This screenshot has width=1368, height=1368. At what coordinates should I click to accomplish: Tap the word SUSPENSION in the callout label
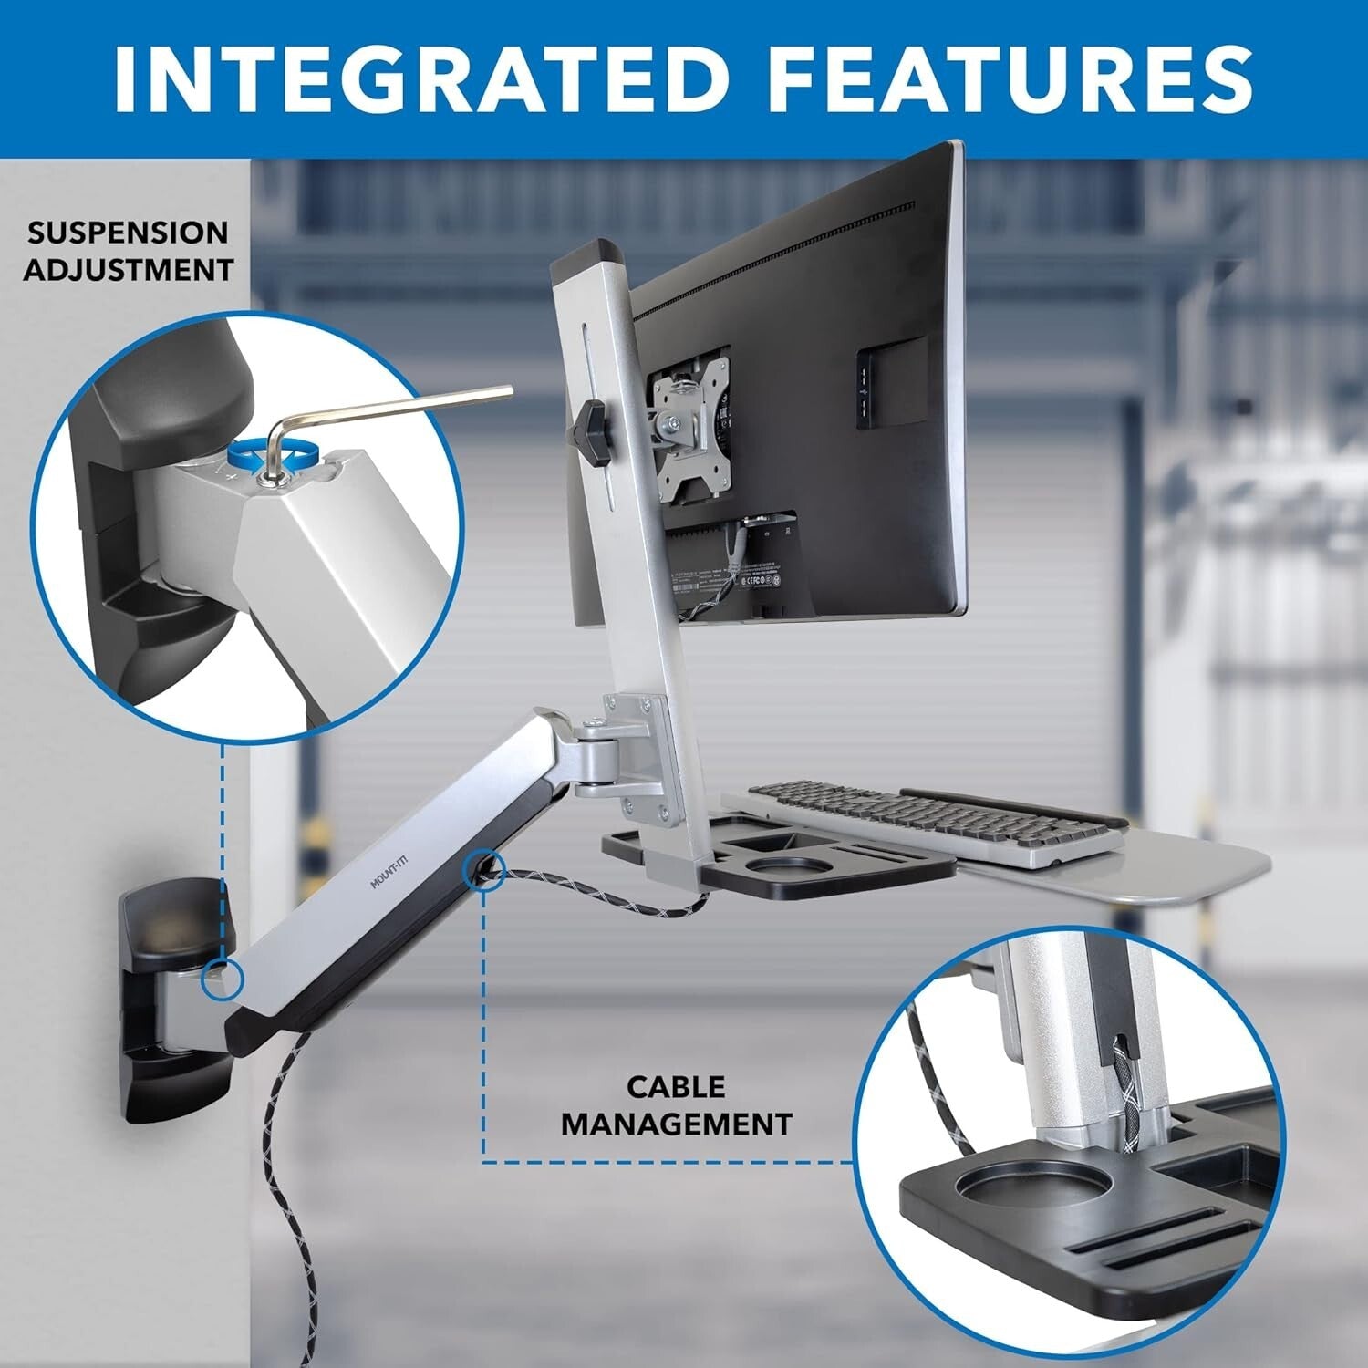point(127,233)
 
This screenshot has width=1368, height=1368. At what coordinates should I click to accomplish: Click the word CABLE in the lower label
point(675,1086)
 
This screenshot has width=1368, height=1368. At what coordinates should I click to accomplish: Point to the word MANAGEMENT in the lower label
point(676,1124)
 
